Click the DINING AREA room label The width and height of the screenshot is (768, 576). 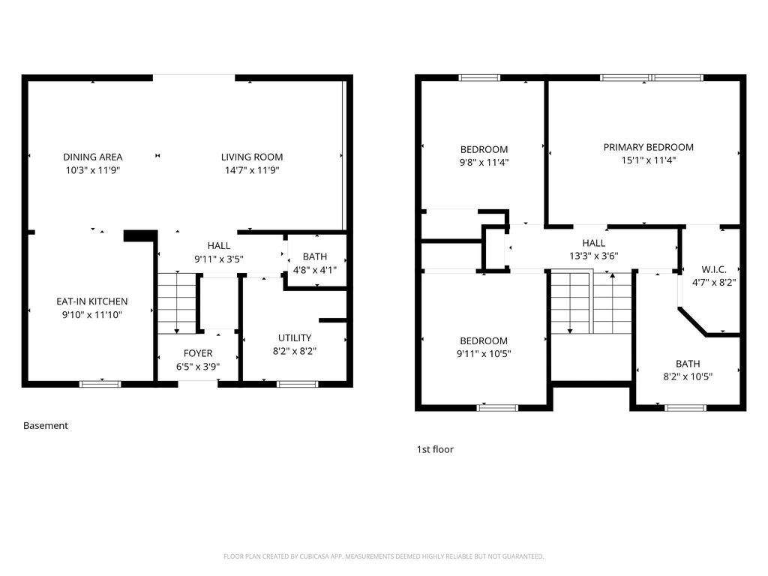pyautogui.click(x=92, y=157)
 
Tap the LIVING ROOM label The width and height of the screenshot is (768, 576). pyautogui.click(x=252, y=157)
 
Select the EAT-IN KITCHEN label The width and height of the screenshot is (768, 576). pyautogui.click(x=92, y=301)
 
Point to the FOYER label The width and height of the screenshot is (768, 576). pyautogui.click(x=198, y=353)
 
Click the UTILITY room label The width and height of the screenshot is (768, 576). pyautogui.click(x=295, y=337)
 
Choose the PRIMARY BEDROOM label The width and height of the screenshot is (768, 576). pyautogui.click(x=649, y=147)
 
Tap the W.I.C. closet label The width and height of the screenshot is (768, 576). pyautogui.click(x=712, y=269)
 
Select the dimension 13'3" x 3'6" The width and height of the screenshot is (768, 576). pyautogui.click(x=594, y=255)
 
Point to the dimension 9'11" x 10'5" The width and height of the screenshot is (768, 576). pyautogui.click(x=484, y=354)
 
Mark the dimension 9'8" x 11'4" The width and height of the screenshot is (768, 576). pyautogui.click(x=484, y=162)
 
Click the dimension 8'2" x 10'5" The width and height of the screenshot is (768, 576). pyautogui.click(x=688, y=376)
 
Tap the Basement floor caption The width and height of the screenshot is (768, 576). pyautogui.click(x=46, y=425)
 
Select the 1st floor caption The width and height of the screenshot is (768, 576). pyautogui.click(x=435, y=449)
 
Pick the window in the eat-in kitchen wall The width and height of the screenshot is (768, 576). pyautogui.click(x=100, y=384)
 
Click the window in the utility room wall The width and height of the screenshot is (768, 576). pyautogui.click(x=297, y=384)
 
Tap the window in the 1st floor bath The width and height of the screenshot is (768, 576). pyautogui.click(x=685, y=407)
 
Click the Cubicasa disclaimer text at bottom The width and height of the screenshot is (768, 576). pyautogui.click(x=383, y=556)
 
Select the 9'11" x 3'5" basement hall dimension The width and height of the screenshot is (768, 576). pyautogui.click(x=219, y=259)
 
